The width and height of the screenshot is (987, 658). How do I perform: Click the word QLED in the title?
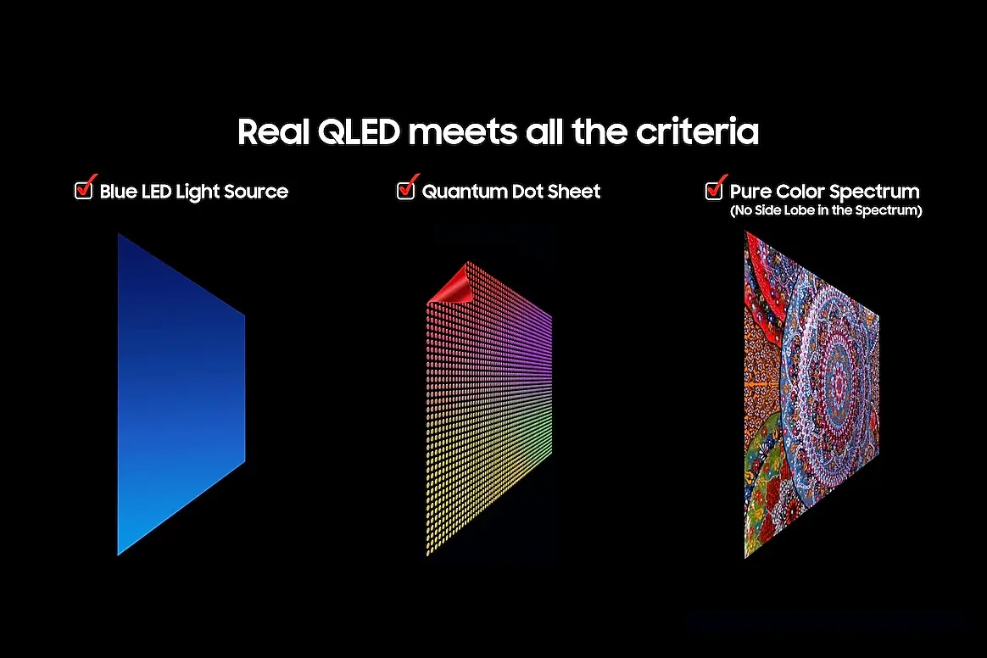tap(359, 132)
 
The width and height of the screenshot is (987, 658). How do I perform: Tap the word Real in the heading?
tap(273, 132)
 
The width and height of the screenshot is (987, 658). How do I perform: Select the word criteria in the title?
tap(697, 131)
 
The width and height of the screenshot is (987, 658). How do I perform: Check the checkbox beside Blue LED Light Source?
tap(84, 190)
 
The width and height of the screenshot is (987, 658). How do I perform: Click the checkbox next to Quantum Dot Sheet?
tap(406, 190)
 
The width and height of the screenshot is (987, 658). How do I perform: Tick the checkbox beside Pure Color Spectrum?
tap(714, 190)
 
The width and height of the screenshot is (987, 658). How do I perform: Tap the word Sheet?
tap(574, 192)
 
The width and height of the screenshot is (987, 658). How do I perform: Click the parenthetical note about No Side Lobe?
tap(826, 210)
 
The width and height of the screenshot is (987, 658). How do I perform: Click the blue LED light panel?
tap(181, 394)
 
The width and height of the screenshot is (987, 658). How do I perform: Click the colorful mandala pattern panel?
tap(811, 394)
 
